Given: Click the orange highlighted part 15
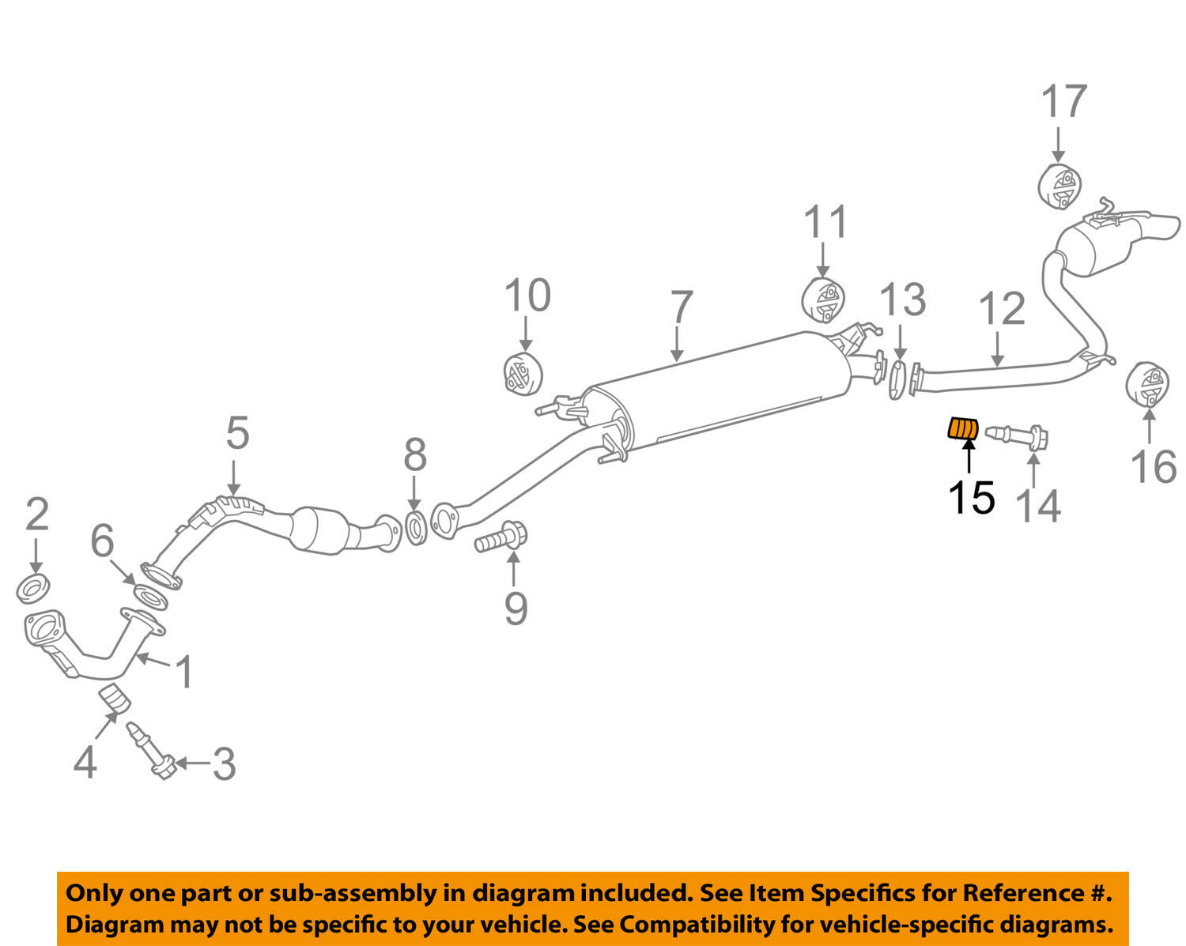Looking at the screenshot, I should [x=963, y=428].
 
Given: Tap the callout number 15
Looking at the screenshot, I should [x=971, y=497].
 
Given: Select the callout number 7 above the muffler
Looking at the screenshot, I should [x=681, y=307].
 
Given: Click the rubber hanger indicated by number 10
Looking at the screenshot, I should [x=523, y=374].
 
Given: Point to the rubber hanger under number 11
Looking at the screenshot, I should [x=823, y=301].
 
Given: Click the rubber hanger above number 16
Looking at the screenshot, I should [x=1147, y=384].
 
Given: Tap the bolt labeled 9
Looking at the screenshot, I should [x=500, y=540].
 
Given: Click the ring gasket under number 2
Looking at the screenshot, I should [x=34, y=589].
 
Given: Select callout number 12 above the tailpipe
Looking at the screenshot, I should [x=1002, y=309].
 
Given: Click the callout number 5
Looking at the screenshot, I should [x=237, y=433].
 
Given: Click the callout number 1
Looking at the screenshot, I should [x=184, y=672].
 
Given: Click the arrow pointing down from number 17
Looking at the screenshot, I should [x=1058, y=146].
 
